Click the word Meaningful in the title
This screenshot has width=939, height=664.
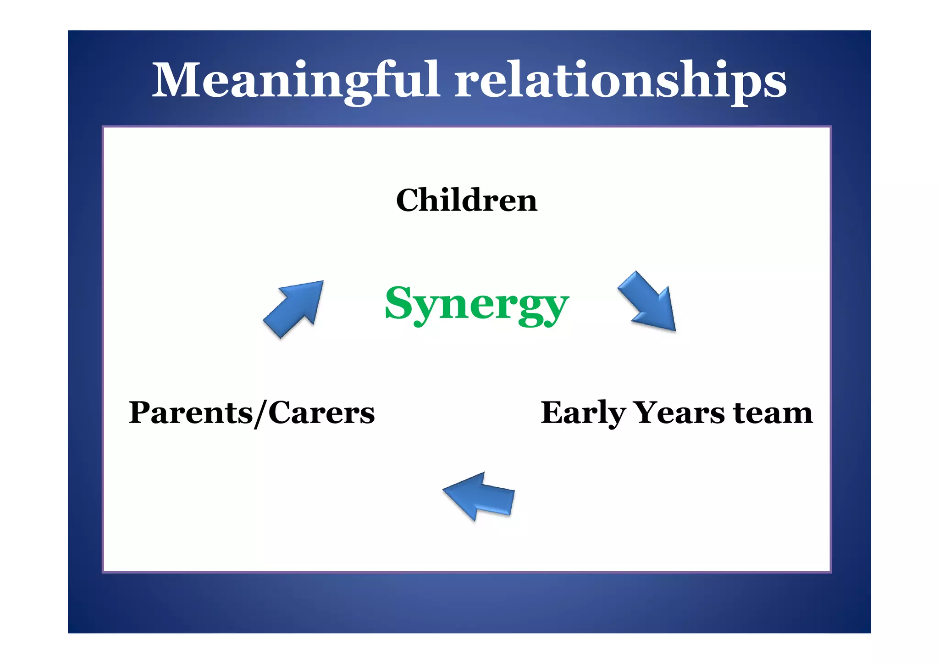click(x=296, y=80)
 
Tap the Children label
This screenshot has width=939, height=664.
click(x=466, y=201)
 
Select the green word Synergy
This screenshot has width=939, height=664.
click(x=476, y=304)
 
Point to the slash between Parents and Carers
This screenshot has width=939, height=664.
click(x=260, y=413)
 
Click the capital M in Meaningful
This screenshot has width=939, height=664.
click(x=176, y=80)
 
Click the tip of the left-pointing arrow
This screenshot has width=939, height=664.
click(x=444, y=490)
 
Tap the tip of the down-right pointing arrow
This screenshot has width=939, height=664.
click(x=674, y=329)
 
